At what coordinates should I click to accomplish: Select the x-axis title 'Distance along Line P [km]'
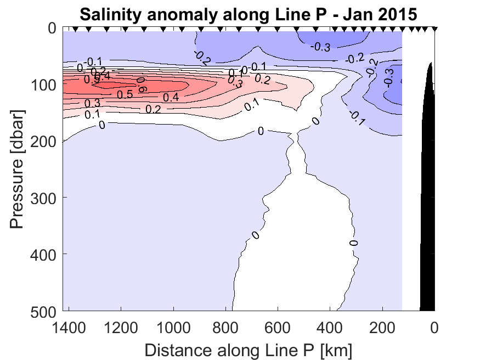tap(249, 349)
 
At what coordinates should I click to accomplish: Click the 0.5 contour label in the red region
tap(126, 94)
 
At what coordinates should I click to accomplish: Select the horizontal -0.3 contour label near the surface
tap(320, 47)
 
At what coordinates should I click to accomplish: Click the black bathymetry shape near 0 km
tap(427, 220)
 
